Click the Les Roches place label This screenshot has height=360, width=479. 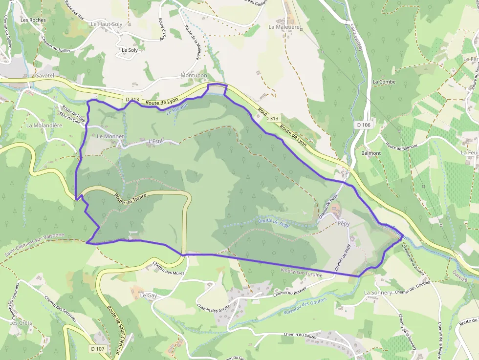pyautogui.click(x=33, y=20)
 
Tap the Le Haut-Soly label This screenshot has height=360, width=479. pyautogui.click(x=106, y=23)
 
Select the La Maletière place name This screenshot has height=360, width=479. pyautogui.click(x=284, y=27)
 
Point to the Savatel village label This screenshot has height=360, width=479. pyautogui.click(x=44, y=76)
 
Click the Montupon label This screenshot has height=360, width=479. pyautogui.click(x=194, y=76)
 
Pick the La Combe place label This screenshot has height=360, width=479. pyautogui.click(x=384, y=82)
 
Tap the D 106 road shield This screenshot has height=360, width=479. pyautogui.click(x=364, y=125)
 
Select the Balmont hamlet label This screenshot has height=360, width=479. pyautogui.click(x=371, y=153)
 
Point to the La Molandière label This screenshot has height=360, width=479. pyautogui.click(x=44, y=125)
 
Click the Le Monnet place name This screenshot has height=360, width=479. pyautogui.click(x=110, y=136)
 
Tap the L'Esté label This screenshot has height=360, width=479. pyautogui.click(x=155, y=142)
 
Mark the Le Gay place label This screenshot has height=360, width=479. pyautogui.click(x=148, y=296)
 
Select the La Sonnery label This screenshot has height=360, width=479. pyautogui.click(x=378, y=292)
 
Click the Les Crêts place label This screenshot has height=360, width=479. pyautogui.click(x=21, y=323)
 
